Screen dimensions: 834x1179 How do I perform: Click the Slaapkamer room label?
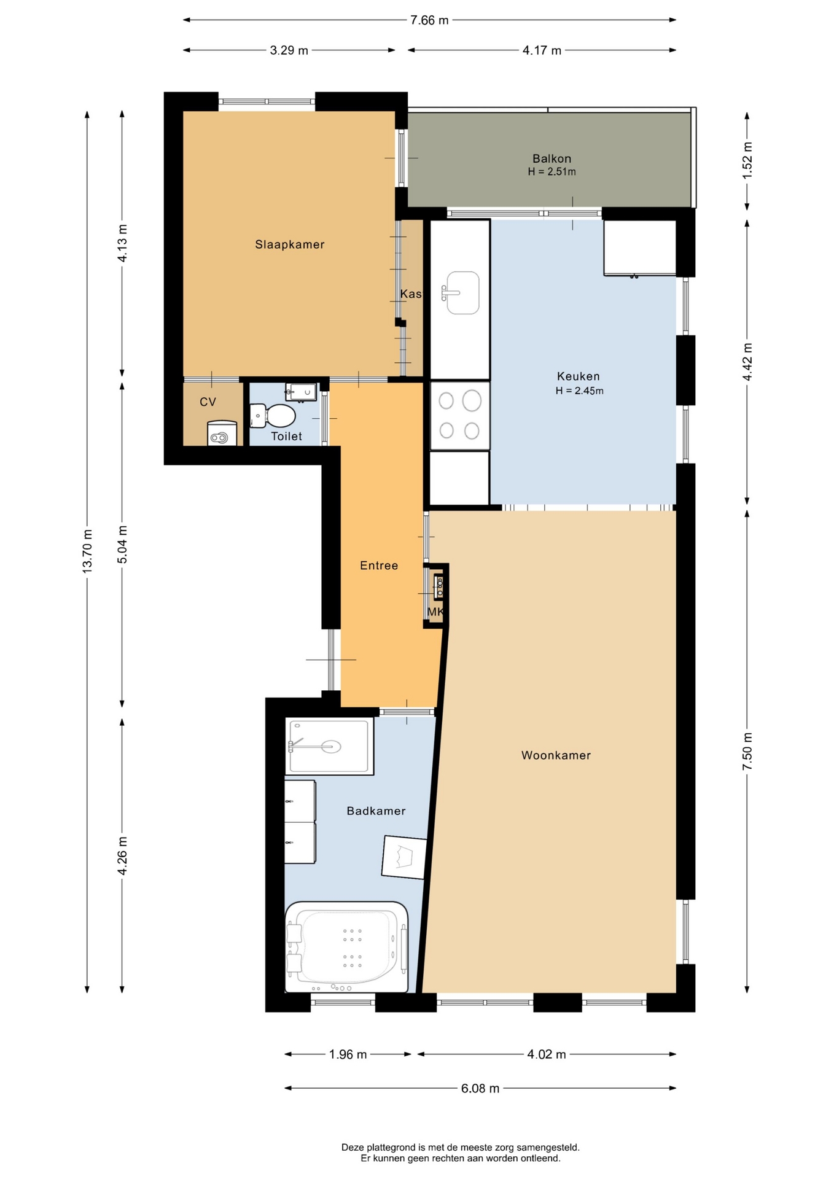290,244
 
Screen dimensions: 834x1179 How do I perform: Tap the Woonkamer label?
556,755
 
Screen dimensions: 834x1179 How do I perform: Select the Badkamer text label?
376,811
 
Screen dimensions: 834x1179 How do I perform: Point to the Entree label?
379,566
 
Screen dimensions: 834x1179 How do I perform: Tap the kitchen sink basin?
461,293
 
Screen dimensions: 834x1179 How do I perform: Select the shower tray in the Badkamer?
330,747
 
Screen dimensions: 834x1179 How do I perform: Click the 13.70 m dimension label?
87,551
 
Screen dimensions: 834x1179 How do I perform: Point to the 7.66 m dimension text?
429,20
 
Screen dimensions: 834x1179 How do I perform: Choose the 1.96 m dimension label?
348,1054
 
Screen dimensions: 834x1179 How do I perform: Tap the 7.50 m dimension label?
747,752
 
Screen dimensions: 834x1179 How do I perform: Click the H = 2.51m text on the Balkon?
551,172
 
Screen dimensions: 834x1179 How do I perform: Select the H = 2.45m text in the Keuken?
579,391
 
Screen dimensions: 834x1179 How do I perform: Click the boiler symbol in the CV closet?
222,434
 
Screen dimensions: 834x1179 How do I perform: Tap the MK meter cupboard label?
435,612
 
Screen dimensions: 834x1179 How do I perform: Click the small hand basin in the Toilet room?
301,391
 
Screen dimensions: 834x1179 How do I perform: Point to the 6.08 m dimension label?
480,1089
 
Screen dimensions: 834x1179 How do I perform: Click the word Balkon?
551,158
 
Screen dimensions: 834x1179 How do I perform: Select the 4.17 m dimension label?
542,50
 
